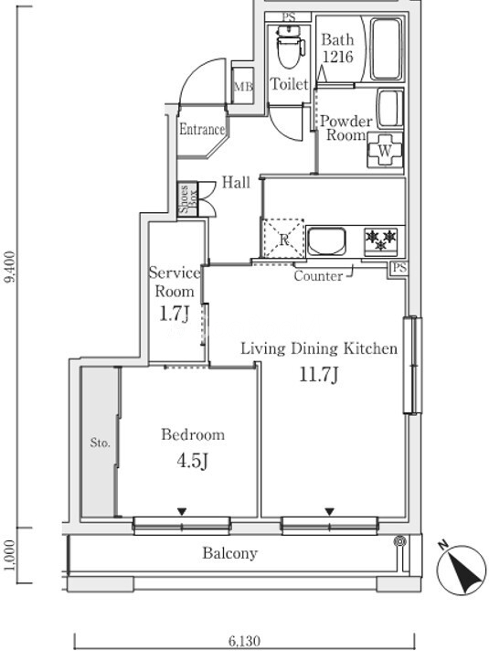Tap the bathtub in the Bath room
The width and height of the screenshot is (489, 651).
point(386,48)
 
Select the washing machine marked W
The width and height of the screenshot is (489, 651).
point(385,150)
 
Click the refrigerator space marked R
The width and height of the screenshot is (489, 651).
point(283,239)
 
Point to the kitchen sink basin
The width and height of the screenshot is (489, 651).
point(326,241)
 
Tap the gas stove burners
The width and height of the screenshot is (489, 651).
point(380,240)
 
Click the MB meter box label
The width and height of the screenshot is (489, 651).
point(243,87)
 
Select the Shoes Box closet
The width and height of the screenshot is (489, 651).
point(187,199)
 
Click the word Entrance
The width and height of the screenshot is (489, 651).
point(202,129)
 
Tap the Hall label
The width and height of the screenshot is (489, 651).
point(236,182)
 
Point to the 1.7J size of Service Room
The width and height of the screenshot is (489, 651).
point(175,314)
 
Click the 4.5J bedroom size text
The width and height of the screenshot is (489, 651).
point(192,460)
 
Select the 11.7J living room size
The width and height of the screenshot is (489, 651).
point(319,375)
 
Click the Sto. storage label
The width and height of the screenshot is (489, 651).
point(100,443)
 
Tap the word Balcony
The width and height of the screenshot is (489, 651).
point(230,553)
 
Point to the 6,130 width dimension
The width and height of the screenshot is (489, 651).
point(245,642)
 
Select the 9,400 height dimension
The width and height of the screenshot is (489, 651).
point(10,266)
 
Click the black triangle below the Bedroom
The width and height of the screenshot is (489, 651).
point(181,511)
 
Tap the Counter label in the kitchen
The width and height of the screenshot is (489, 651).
point(318,276)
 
